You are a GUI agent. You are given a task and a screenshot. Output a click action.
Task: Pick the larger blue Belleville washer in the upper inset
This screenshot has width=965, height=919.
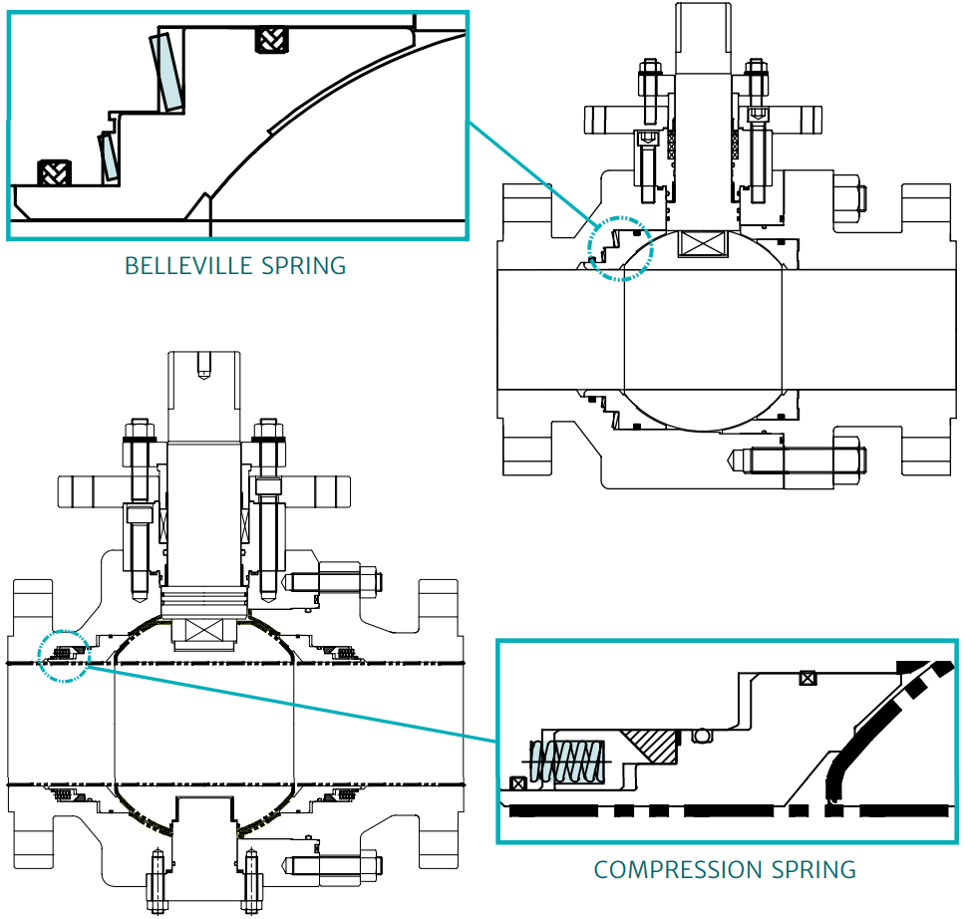coord(166,73)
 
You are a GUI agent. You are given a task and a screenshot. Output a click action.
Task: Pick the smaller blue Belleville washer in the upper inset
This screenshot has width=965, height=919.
coord(107,155)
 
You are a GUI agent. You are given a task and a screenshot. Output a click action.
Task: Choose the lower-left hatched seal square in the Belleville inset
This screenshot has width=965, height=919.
coord(52,171)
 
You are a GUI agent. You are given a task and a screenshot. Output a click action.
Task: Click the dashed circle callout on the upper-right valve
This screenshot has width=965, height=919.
coord(619,247)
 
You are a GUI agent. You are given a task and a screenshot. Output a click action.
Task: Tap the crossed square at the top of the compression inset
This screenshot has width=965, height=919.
coord(807,679)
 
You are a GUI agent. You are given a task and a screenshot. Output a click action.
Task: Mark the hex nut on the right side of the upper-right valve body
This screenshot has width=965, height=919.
coord(845,198)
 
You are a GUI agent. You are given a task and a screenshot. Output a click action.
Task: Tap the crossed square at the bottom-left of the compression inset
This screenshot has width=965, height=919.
coord(517,783)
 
